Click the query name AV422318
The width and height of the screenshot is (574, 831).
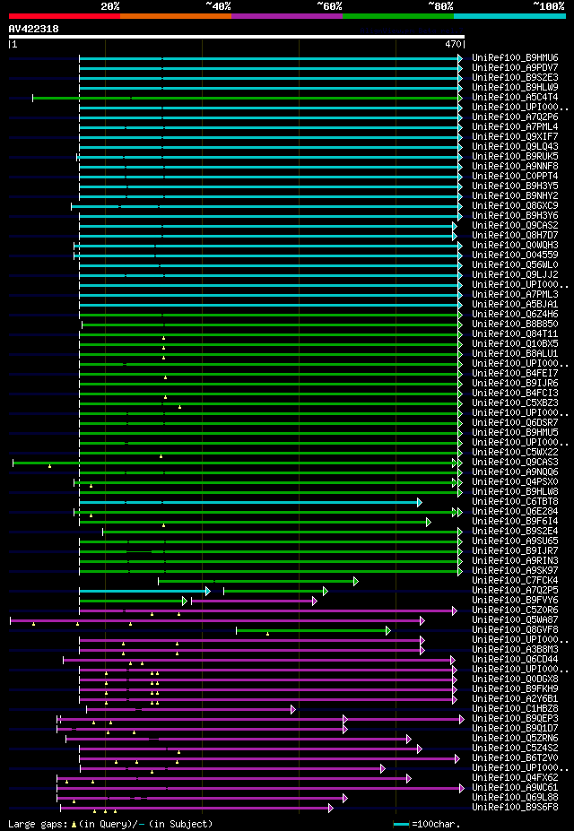click(34, 29)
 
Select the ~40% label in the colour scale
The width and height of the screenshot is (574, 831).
click(218, 5)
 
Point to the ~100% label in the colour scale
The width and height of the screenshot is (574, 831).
click(548, 5)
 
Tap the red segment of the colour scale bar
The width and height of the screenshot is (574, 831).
click(63, 16)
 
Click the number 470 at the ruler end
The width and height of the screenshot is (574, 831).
click(453, 43)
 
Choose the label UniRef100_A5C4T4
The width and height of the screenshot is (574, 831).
click(515, 97)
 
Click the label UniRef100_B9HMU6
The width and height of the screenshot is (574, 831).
click(515, 57)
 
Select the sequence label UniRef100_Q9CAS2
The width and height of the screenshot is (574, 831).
click(515, 225)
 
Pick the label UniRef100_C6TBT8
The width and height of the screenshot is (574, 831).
click(515, 501)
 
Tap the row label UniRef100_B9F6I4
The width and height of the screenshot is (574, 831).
click(515, 521)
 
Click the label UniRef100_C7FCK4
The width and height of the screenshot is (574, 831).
click(515, 580)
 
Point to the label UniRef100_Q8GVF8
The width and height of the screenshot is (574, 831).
click(515, 629)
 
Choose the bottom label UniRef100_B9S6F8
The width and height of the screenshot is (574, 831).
click(515, 807)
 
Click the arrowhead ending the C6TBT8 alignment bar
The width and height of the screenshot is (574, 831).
click(419, 502)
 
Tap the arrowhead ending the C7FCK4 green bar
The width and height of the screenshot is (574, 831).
click(355, 581)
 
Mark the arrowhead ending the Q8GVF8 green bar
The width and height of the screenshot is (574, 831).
click(387, 630)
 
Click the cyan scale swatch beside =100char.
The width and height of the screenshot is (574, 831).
click(401, 823)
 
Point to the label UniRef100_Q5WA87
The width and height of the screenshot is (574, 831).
click(515, 619)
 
